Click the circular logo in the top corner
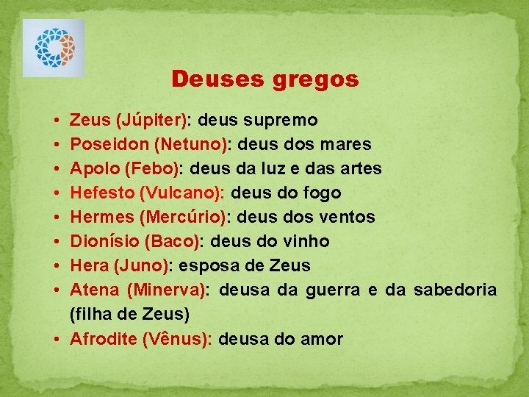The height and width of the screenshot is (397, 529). (x=54, y=48)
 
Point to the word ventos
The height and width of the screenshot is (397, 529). (x=349, y=217)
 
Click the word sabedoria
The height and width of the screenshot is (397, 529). (x=455, y=290)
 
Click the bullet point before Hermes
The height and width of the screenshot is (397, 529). (x=57, y=218)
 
